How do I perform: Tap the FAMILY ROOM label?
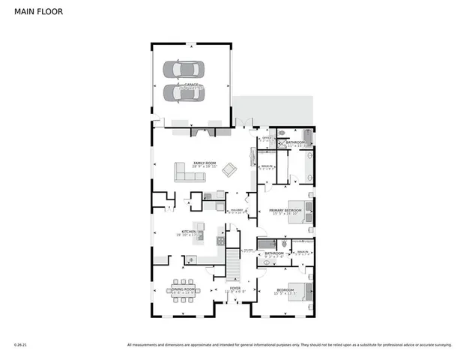[205, 163]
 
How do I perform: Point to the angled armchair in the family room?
[229, 171]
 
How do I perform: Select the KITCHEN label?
[188, 232]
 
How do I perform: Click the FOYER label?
[234, 288]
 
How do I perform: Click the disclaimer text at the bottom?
[289, 345]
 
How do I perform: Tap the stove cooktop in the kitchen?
[220, 241]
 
